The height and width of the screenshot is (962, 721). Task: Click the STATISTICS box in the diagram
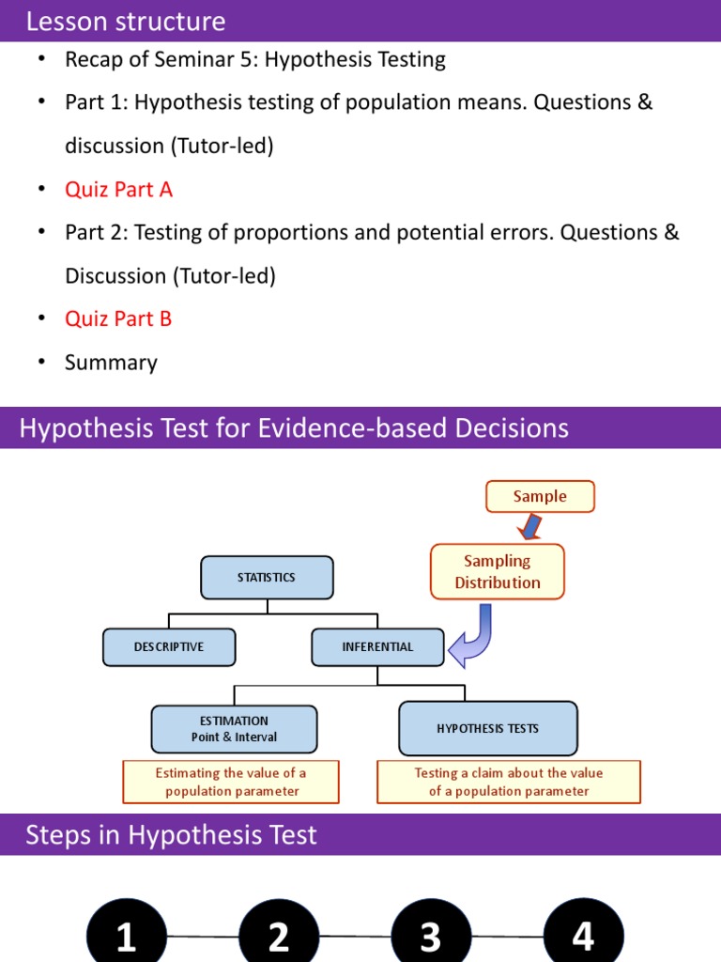tap(267, 577)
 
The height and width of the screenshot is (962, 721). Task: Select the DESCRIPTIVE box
tap(169, 646)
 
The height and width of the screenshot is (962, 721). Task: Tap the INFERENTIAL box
tap(377, 646)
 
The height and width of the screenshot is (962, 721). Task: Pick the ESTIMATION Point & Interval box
tap(234, 729)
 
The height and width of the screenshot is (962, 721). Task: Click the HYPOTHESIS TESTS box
tap(487, 728)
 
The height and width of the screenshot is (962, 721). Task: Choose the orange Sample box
tap(540, 496)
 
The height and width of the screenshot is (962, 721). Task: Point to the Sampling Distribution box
tap(498, 571)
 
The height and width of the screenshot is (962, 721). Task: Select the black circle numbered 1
tap(127, 936)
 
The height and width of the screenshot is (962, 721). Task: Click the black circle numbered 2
tap(279, 936)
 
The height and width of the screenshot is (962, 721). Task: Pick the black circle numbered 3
tap(430, 936)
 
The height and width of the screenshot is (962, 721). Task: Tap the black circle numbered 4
tap(583, 936)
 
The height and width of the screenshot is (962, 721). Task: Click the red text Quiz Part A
tap(118, 189)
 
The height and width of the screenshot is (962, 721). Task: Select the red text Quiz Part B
tap(118, 318)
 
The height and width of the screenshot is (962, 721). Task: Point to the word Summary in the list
tap(111, 363)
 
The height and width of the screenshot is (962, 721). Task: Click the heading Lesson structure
tap(126, 21)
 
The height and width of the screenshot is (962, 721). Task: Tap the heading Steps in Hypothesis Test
tap(171, 834)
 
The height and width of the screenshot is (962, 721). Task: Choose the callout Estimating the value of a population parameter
tap(231, 782)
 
